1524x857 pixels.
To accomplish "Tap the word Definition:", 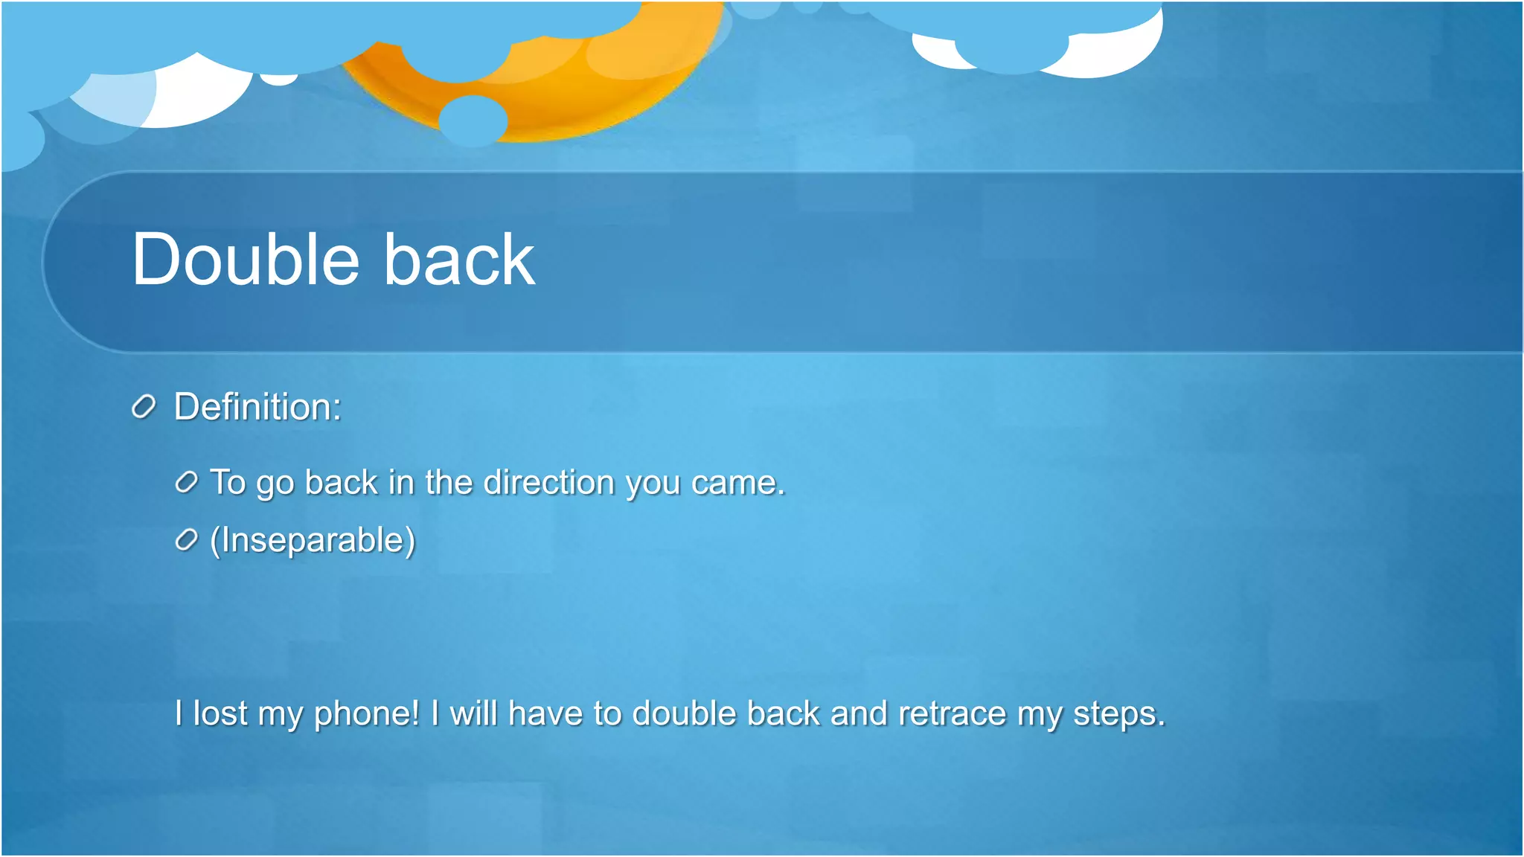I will click(x=257, y=407).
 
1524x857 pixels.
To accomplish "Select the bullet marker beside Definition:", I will click(x=144, y=407).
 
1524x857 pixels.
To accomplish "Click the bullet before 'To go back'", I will click(x=187, y=483).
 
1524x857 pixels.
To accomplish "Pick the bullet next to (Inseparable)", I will click(x=187, y=540).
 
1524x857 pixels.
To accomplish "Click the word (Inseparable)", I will click(x=313, y=540).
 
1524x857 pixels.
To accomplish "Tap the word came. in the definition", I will click(x=737, y=483).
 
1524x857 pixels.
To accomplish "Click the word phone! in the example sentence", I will click(x=367, y=713).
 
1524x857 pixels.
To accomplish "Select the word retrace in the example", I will click(x=952, y=713).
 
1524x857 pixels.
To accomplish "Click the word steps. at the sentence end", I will click(x=1118, y=713).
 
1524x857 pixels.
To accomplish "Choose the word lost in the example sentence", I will click(x=220, y=713).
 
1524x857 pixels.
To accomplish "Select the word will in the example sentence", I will click(x=473, y=713).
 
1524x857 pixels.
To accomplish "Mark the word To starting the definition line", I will click(x=228, y=483).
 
